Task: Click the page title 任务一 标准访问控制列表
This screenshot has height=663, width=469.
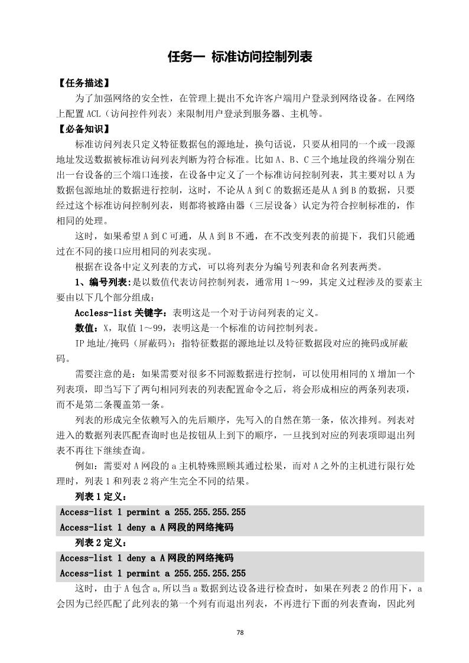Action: pyautogui.click(x=239, y=57)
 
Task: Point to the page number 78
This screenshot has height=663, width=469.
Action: pyautogui.click(x=240, y=632)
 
